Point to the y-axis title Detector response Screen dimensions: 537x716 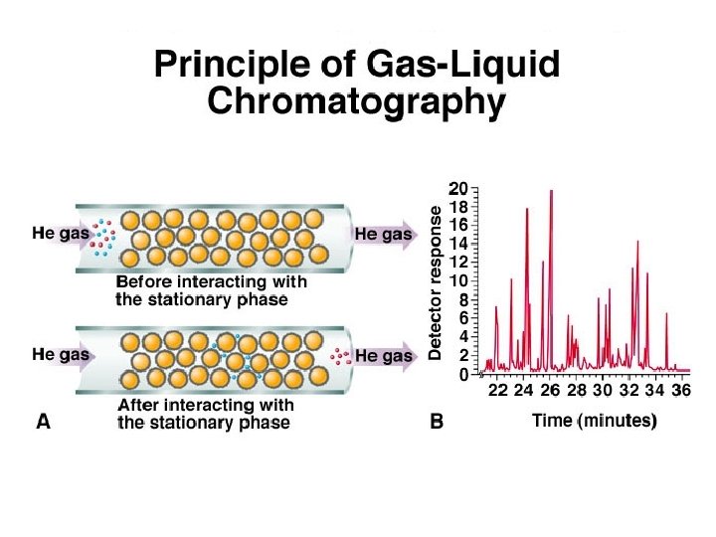(436, 282)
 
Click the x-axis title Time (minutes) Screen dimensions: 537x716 (594, 421)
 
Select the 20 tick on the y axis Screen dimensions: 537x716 (458, 188)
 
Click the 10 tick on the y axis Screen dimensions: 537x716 (458, 280)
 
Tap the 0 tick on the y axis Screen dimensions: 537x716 (463, 374)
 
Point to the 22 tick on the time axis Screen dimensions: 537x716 (498, 392)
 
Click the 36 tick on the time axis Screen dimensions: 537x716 (681, 392)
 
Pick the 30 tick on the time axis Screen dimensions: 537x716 (603, 392)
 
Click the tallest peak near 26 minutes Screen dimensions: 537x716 (551, 191)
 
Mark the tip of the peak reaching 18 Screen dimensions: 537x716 (527, 209)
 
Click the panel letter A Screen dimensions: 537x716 (44, 422)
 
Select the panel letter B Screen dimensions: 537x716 (436, 422)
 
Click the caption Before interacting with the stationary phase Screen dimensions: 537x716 (210, 289)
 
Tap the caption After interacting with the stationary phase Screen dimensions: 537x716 (205, 414)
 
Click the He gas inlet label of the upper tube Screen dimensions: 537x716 (61, 235)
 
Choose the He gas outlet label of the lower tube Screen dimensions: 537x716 (383, 355)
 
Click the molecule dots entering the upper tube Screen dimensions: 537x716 (101, 236)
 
